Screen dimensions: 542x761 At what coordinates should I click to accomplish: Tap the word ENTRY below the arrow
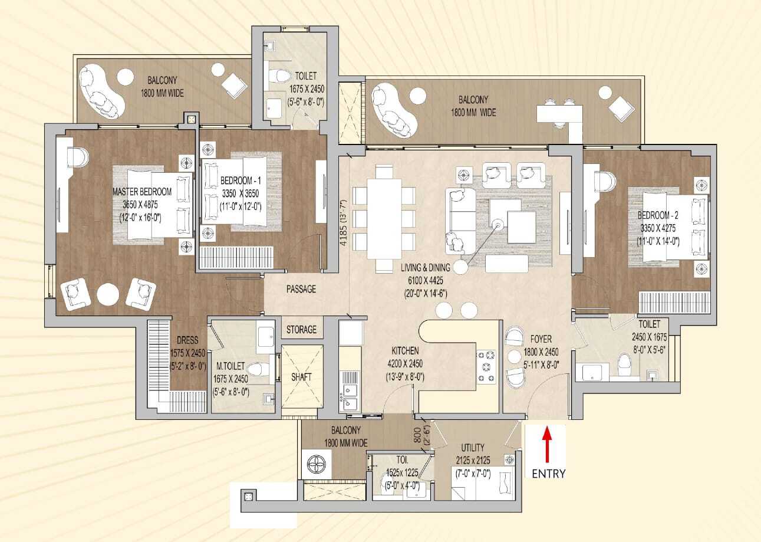[x=548, y=474]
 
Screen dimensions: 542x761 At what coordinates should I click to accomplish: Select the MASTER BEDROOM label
[x=142, y=192]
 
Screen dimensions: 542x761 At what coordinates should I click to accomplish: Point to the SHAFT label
[x=301, y=376]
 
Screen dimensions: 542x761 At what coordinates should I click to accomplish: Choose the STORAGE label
[x=301, y=330]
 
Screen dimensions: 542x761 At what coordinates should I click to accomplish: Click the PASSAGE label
[x=301, y=289]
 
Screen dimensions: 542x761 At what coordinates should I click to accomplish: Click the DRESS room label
[x=187, y=340]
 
